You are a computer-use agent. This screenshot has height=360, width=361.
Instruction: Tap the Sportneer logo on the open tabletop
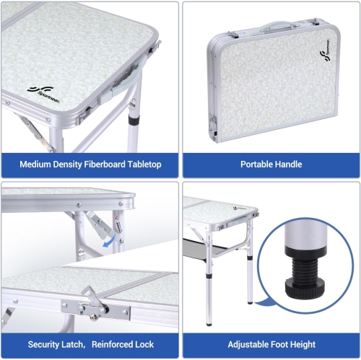coord(45,90)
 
